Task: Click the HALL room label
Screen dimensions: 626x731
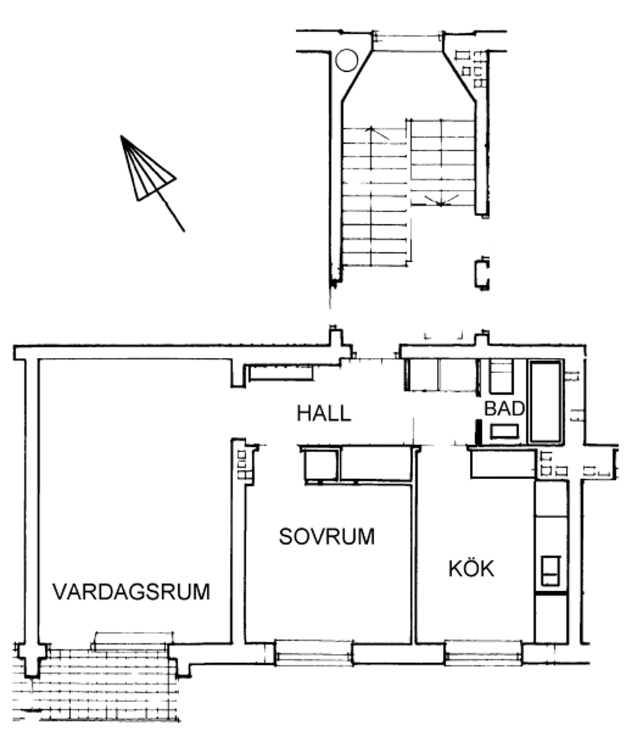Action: [324, 413]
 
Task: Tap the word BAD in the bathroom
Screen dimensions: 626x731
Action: [504, 409]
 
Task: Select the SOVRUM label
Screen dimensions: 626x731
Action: [327, 537]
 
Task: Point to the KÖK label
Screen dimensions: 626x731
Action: [471, 568]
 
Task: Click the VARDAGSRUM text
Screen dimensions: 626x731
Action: [131, 592]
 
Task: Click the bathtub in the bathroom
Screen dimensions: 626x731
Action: [546, 401]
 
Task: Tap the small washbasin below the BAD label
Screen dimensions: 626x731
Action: [504, 431]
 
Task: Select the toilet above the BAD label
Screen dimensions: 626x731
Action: [501, 376]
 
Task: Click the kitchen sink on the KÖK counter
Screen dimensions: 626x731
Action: [550, 570]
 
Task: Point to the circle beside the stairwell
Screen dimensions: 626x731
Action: [347, 61]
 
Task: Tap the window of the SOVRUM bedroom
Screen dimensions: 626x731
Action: [314, 652]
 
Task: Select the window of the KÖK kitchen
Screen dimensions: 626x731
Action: [483, 652]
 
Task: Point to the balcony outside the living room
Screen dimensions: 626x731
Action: [97, 684]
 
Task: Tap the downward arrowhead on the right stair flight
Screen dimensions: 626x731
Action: [441, 201]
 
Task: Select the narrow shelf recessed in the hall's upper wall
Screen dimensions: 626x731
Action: [281, 373]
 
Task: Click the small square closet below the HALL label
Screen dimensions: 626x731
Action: [321, 465]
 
